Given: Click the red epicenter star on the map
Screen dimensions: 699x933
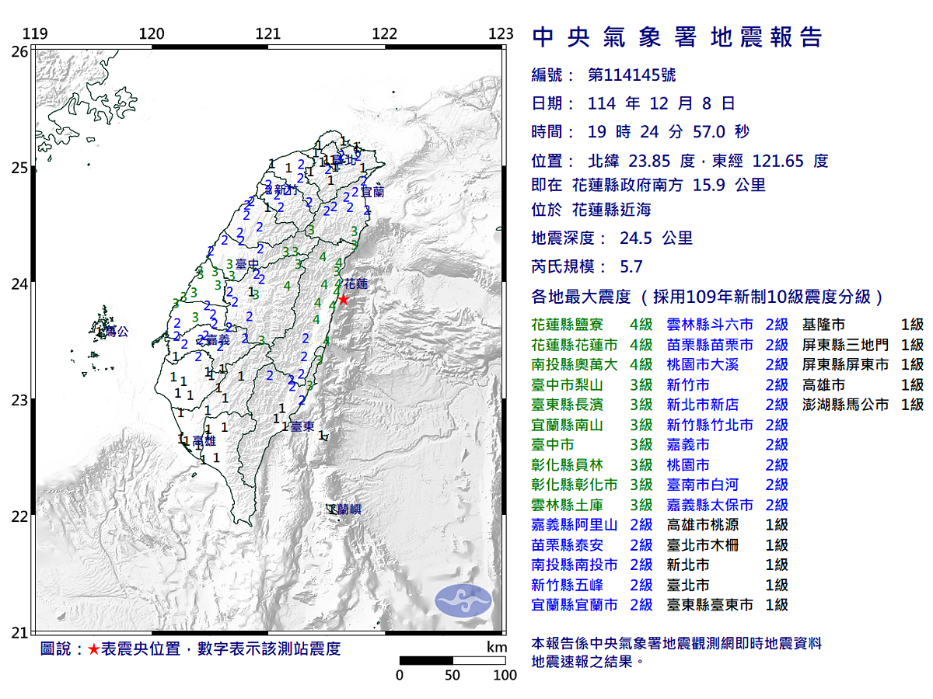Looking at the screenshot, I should pos(342,299).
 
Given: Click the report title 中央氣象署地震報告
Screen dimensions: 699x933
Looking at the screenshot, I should pos(676,37).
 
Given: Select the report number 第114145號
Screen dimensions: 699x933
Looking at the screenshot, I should pos(631,75).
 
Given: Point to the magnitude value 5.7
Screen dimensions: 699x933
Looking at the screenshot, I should pos(631,266).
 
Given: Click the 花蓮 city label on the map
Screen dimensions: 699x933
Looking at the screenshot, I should pos(355,284).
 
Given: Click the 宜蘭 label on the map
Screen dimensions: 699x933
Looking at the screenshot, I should pos(372,192).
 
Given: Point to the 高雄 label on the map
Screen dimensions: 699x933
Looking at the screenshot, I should pos(204,441).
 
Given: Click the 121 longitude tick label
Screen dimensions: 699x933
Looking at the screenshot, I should pos(268,34).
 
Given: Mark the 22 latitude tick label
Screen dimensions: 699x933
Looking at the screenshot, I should pos(19,516).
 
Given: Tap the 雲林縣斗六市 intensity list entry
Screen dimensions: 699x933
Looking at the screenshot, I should pos(710,325).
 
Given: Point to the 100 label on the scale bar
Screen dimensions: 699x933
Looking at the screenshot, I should pos(505,675).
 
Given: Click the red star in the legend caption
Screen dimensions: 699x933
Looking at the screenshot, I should pos(93,649).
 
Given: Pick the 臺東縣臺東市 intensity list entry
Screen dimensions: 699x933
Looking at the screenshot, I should pos(710,605).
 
